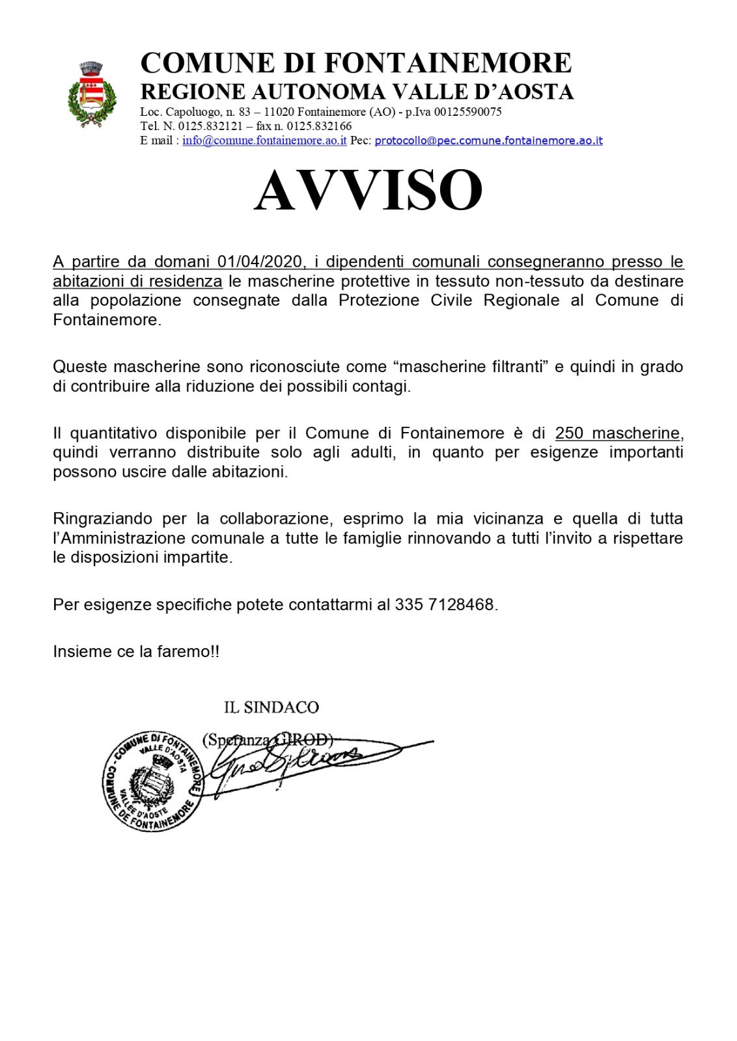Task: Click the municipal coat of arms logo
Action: pyautogui.click(x=92, y=94)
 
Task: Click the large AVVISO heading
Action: pyautogui.click(x=368, y=190)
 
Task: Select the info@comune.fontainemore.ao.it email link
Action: pyautogui.click(x=264, y=141)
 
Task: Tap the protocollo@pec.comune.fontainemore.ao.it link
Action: pyautogui.click(x=488, y=141)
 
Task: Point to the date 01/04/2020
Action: pyautogui.click(x=260, y=262)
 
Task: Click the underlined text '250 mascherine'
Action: pyautogui.click(x=617, y=433)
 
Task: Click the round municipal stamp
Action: pyautogui.click(x=152, y=781)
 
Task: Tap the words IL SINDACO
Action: pyautogui.click(x=271, y=707)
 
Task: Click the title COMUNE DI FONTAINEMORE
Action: pyautogui.click(x=355, y=63)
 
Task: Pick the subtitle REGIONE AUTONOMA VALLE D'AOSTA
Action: pyautogui.click(x=357, y=92)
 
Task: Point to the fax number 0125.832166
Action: pyautogui.click(x=319, y=126)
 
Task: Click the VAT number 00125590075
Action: pyautogui.click(x=467, y=112)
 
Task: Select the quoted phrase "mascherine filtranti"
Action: pyautogui.click(x=473, y=366)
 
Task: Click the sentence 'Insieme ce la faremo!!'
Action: pyautogui.click(x=136, y=651)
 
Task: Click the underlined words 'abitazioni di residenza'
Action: pyautogui.click(x=137, y=281)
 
